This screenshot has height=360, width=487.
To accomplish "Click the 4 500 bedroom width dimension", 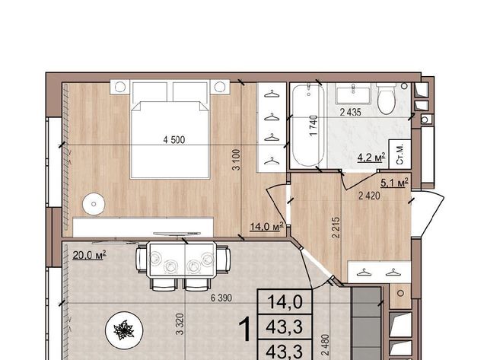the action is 174,140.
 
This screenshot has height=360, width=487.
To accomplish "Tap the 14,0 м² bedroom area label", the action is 267,226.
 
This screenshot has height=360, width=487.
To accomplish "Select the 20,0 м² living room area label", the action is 90,255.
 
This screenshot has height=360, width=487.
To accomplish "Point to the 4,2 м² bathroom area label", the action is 371,158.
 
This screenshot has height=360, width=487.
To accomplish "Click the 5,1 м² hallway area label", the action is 394,183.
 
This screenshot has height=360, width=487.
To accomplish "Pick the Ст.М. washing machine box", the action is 400,154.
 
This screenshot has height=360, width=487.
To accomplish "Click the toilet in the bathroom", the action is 386,98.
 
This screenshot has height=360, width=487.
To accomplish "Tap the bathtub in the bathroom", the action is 308,125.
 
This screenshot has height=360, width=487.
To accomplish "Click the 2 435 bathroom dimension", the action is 350,113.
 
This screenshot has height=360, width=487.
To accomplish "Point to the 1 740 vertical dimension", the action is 314,125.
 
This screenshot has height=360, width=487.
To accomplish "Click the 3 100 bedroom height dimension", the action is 237,160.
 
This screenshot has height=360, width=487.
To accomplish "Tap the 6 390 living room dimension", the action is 221,298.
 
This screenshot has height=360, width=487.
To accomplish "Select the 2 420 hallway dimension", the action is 369,196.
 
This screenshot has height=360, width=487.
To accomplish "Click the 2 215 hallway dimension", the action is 336,228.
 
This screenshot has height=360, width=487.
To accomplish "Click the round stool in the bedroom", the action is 94,204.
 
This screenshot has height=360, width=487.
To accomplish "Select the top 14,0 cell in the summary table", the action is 285,302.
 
